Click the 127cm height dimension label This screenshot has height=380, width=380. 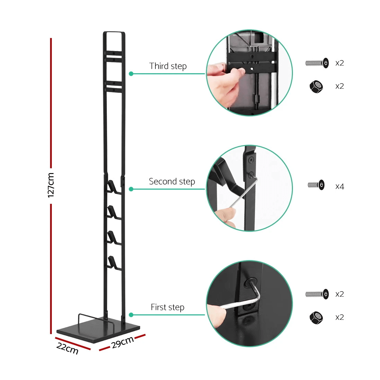click(51, 185)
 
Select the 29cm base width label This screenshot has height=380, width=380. click(122, 342)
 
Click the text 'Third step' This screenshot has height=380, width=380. click(168, 66)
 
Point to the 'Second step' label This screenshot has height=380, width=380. click(172, 181)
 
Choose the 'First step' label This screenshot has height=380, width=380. click(168, 307)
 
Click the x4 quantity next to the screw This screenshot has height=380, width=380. click(340, 187)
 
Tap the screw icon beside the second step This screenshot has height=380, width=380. click(316, 185)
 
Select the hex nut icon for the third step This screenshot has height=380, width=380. click(316, 86)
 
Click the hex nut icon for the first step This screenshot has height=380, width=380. click(316, 317)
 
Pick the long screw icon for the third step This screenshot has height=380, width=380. click(317, 63)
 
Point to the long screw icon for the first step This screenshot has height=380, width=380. click(317, 294)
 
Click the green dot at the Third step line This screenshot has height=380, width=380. click(131, 74)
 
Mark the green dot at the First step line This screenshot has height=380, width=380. click(131, 315)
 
